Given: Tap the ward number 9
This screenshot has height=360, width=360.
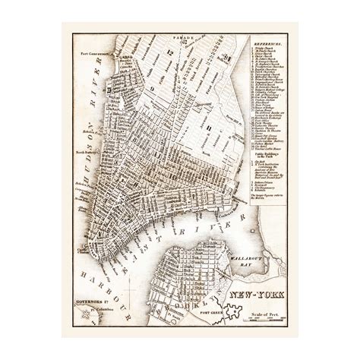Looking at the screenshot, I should click(150, 91).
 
